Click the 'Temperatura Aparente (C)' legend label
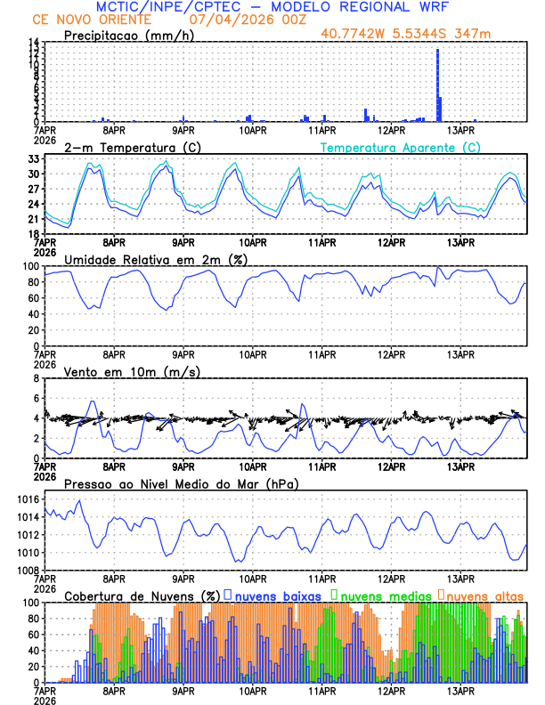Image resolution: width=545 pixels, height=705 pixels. [x=400, y=147]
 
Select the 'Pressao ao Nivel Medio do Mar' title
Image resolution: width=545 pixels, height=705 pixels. [x=181, y=483]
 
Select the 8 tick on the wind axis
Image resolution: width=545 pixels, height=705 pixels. [x=38, y=379]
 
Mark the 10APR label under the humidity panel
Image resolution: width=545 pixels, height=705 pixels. [x=252, y=353]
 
